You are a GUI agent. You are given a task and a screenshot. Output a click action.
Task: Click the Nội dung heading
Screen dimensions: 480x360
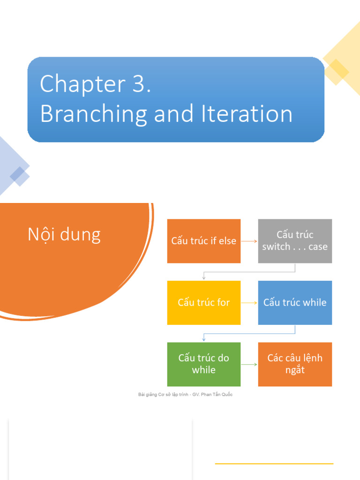[64, 234]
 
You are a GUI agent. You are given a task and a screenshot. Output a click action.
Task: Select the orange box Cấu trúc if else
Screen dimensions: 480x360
[204, 241]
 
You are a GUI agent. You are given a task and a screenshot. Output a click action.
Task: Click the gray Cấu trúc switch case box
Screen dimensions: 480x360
[295, 241]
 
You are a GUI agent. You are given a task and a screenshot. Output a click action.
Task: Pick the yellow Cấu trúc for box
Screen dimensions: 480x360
[204, 303]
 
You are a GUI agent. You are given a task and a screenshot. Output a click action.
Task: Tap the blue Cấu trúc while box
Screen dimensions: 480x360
[295, 303]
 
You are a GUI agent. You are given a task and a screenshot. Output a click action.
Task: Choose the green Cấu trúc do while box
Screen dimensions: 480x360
[204, 364]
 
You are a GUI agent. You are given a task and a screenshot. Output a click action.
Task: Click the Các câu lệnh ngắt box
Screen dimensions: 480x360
[295, 364]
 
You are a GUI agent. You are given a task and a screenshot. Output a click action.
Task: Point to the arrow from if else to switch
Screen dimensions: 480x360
[249, 241]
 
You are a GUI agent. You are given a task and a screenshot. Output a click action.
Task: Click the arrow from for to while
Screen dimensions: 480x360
[249, 303]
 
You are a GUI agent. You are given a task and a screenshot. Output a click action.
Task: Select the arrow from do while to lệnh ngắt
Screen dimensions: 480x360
[249, 364]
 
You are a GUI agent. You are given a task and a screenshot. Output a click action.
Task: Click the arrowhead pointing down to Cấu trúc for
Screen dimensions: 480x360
[204, 278]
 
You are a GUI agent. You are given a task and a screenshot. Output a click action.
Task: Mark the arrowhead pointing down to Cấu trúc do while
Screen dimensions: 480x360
[204, 339]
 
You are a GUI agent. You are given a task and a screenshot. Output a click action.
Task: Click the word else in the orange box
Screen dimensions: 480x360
[227, 241]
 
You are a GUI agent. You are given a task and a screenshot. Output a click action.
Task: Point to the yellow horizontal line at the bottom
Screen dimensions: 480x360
[274, 464]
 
